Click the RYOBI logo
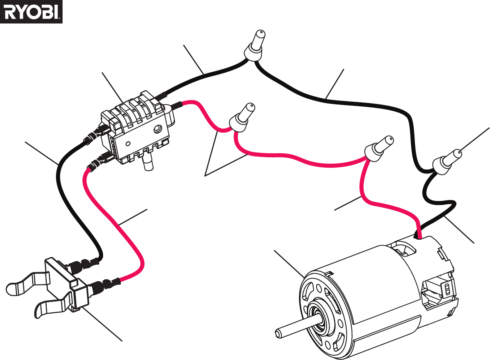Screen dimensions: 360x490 (x=31, y=12)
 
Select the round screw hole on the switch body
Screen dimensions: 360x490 (x=157, y=129)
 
